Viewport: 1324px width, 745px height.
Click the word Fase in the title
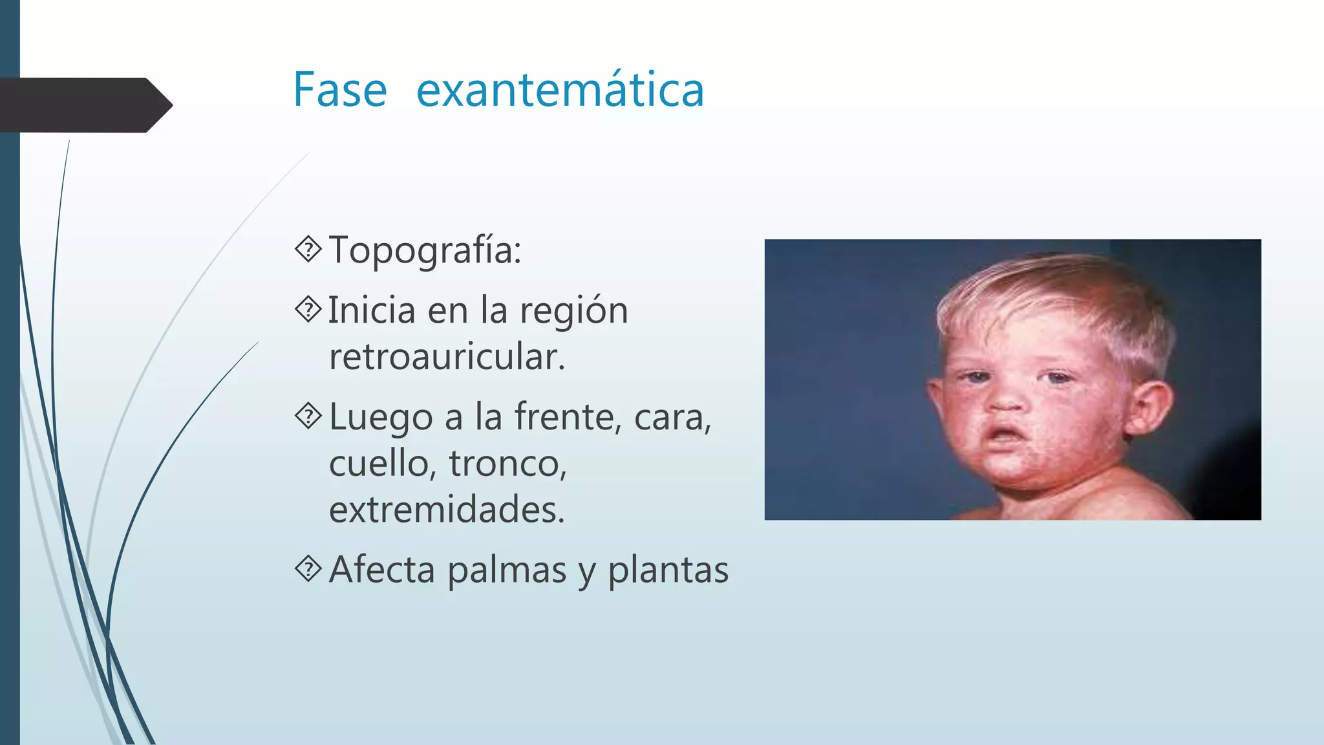tap(340, 90)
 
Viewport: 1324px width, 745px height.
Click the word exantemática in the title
tap(560, 90)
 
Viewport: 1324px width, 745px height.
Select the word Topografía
tap(425, 250)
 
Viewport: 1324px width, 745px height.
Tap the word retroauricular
tap(447, 357)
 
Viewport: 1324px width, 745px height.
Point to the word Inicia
tap(372, 310)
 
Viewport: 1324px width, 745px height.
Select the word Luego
tap(381, 418)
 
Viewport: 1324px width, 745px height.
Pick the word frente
tap(568, 416)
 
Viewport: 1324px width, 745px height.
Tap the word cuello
tap(379, 464)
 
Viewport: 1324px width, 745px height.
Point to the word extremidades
tap(447, 510)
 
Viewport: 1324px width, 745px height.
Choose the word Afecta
tap(381, 570)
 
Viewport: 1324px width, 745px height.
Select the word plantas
tap(668, 570)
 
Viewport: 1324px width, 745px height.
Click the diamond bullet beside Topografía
tap(308, 249)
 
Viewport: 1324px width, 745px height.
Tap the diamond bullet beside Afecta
tap(308, 569)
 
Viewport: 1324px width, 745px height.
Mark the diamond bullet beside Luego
tap(308, 416)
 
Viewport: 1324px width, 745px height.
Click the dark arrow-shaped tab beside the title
tap(84, 105)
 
